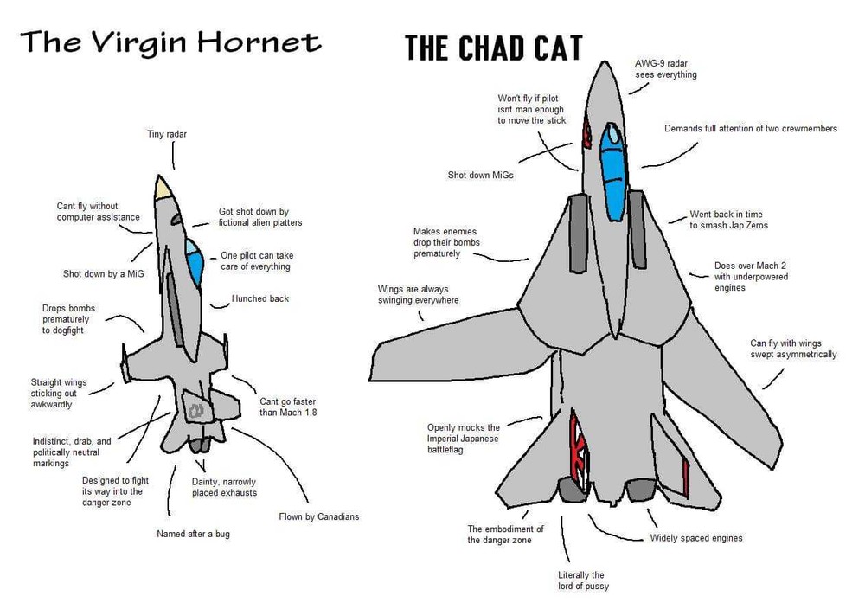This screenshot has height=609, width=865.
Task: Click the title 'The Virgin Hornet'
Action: (x=170, y=42)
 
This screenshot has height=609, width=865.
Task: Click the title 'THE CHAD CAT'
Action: (x=493, y=48)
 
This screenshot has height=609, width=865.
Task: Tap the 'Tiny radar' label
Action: (x=167, y=134)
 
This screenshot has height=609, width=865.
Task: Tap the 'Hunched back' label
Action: (x=259, y=298)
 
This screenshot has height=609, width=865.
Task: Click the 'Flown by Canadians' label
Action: (x=318, y=516)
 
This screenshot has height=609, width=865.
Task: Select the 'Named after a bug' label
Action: (x=193, y=534)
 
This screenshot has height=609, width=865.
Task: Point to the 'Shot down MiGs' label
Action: (x=480, y=175)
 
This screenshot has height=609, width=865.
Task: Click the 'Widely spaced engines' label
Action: (x=695, y=538)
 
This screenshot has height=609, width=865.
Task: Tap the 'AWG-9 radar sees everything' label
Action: (x=665, y=69)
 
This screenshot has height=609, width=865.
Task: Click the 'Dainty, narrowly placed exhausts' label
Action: (x=224, y=487)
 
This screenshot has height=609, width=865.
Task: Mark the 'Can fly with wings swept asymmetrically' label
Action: (x=792, y=349)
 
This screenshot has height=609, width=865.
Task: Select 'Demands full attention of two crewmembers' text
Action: (x=750, y=129)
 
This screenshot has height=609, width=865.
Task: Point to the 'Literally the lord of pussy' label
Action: (x=583, y=580)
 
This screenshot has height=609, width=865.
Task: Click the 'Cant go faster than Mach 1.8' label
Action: (x=288, y=407)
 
